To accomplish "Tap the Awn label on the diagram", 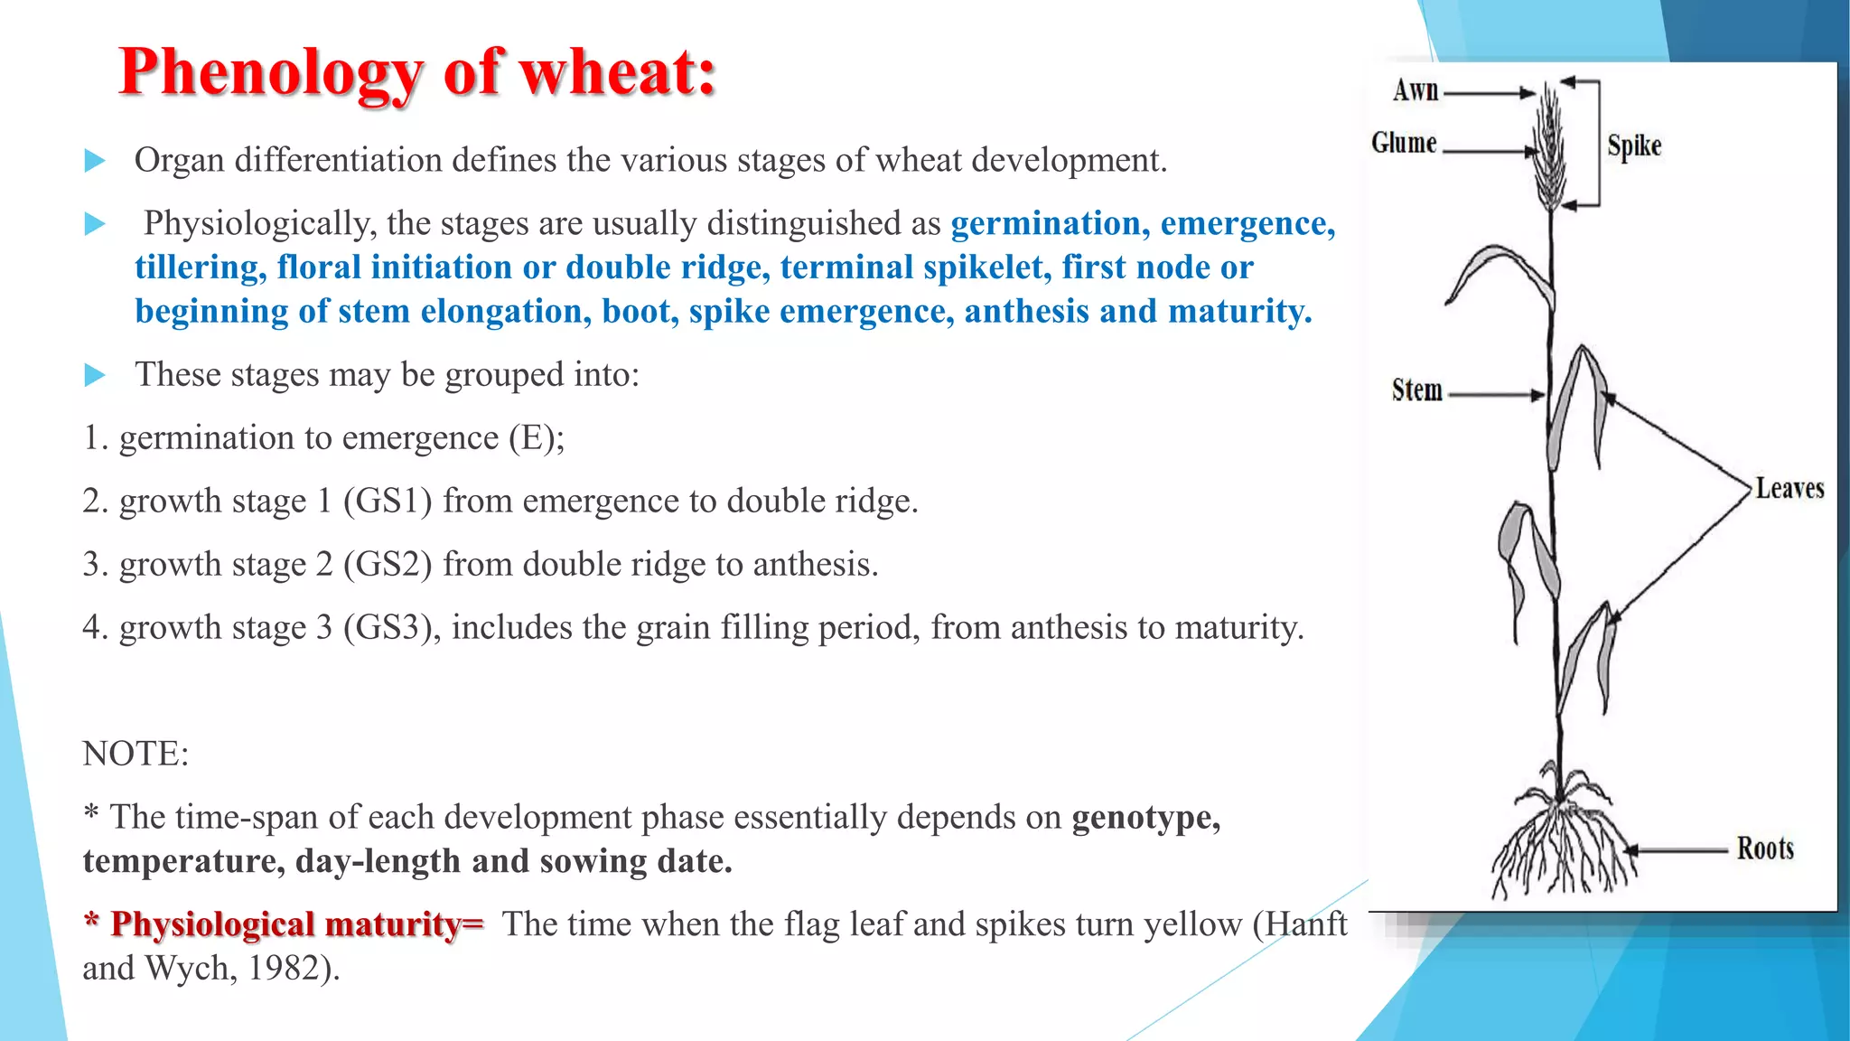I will (1416, 90).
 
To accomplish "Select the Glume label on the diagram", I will (1404, 143).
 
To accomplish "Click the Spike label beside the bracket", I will (1634, 145).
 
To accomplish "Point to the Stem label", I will (1416, 390).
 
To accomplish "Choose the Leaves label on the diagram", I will (1789, 489).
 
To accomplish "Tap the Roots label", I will (1765, 849).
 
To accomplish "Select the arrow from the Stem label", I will (1496, 395).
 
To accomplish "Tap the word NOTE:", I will (135, 754).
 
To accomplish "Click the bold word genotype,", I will (1145, 817).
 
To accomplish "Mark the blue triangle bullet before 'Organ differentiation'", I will (95, 161).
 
